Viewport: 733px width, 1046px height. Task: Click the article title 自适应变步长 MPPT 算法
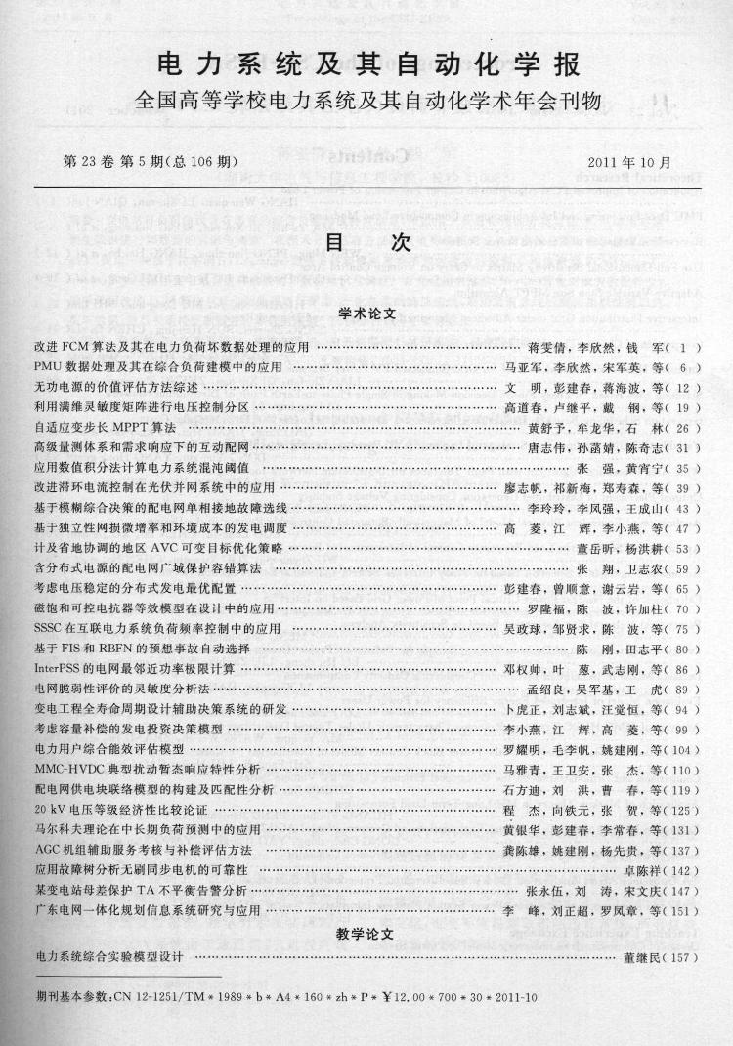tap(106, 428)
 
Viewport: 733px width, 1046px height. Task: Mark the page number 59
tap(684, 568)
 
